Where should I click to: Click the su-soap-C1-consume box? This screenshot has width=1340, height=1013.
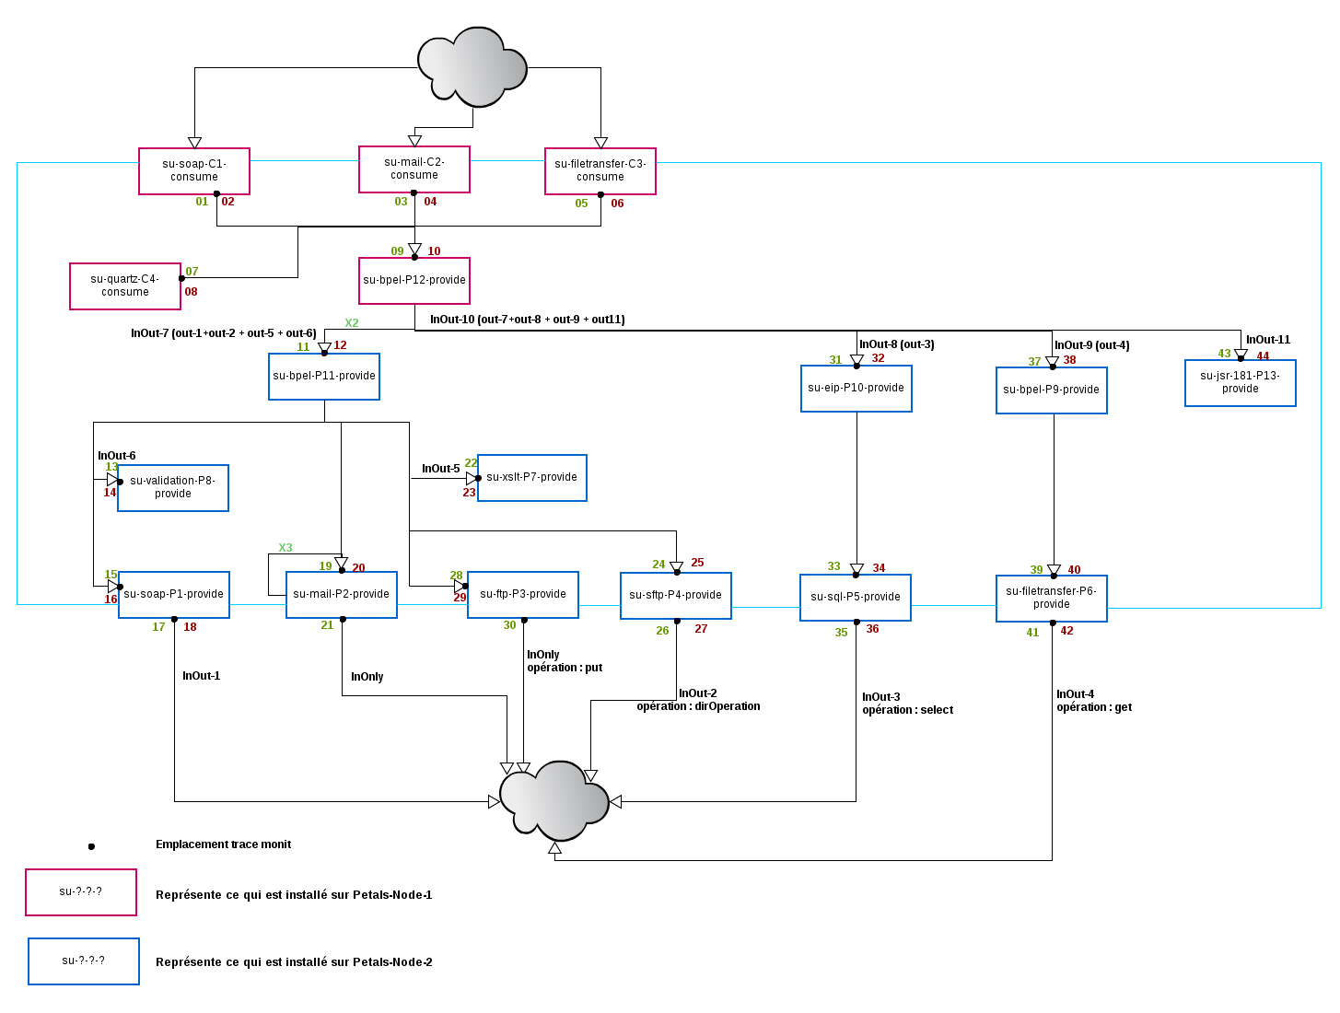click(194, 171)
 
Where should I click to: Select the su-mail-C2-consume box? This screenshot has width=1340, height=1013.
click(414, 169)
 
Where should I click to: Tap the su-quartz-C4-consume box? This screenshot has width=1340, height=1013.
click(125, 286)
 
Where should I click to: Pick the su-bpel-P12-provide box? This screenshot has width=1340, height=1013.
click(414, 281)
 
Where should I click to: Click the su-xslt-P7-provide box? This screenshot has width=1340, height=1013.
click(532, 478)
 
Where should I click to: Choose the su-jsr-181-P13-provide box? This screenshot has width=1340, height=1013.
click(1241, 383)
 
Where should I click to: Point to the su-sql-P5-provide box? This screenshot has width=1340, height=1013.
click(856, 598)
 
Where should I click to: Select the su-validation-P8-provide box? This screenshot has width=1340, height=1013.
click(173, 488)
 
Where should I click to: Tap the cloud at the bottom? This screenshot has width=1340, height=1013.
click(554, 800)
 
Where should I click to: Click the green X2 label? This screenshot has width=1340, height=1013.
click(352, 323)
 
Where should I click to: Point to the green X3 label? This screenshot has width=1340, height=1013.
click(285, 548)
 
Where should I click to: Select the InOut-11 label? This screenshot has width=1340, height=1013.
click(1268, 340)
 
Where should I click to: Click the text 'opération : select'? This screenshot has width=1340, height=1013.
click(907, 710)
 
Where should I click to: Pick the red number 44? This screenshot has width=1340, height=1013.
click(1263, 356)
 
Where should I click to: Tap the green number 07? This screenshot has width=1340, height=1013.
click(192, 272)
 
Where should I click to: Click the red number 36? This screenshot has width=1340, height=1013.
click(872, 629)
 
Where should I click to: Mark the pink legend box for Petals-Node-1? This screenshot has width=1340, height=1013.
click(81, 892)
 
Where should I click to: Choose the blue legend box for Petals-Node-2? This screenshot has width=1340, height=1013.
click(84, 961)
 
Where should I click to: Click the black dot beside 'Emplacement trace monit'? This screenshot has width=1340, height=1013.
click(91, 846)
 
